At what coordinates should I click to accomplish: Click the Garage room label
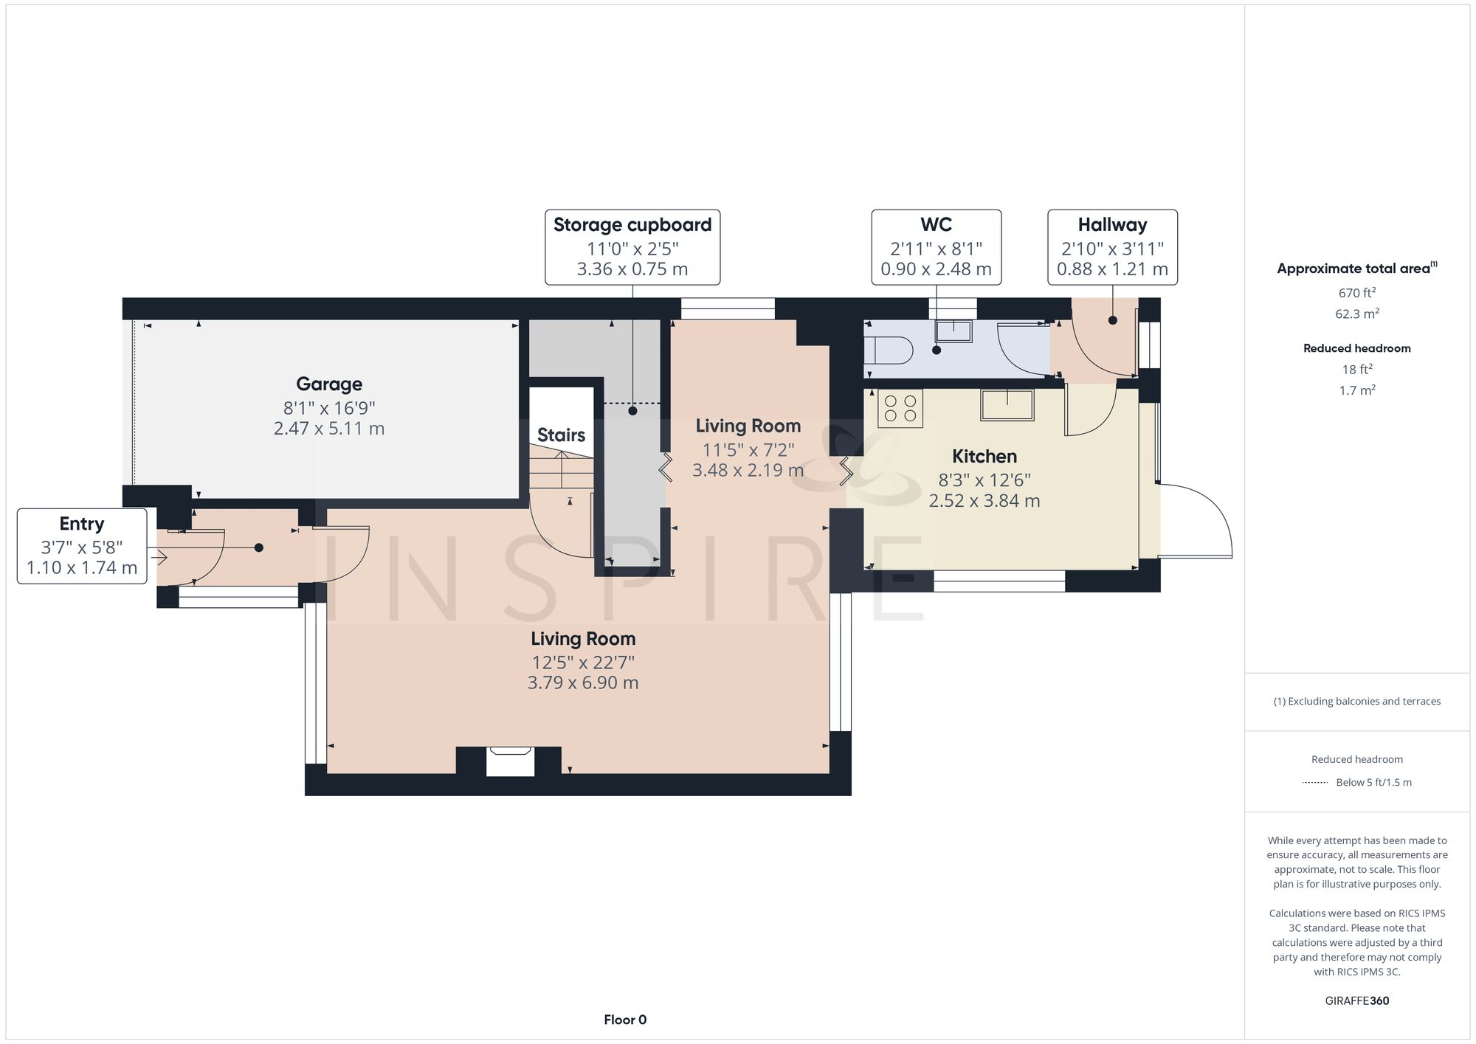point(329,384)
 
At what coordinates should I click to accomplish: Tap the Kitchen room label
point(984,456)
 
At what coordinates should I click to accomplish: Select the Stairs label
point(561,435)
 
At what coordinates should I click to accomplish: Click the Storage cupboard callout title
point(632,225)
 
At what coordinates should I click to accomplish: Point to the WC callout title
point(936,224)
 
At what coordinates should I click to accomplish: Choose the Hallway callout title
point(1112,225)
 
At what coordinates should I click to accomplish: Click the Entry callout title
point(82,524)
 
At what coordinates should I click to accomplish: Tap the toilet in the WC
point(889,350)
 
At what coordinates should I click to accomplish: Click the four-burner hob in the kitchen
point(900,409)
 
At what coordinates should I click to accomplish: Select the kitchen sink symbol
point(1007,405)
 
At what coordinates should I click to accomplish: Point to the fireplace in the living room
point(510,761)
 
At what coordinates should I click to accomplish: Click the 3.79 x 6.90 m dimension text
point(583,683)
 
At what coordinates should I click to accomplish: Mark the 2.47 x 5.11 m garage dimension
point(329,429)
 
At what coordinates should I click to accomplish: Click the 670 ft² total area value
point(1357,293)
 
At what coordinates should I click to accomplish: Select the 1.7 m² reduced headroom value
point(1357,390)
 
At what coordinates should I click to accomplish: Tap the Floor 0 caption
point(625,1020)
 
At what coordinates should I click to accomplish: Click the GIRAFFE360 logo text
point(1357,1001)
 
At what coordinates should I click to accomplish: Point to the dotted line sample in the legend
point(1315,782)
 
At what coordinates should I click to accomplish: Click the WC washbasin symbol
point(953,331)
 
